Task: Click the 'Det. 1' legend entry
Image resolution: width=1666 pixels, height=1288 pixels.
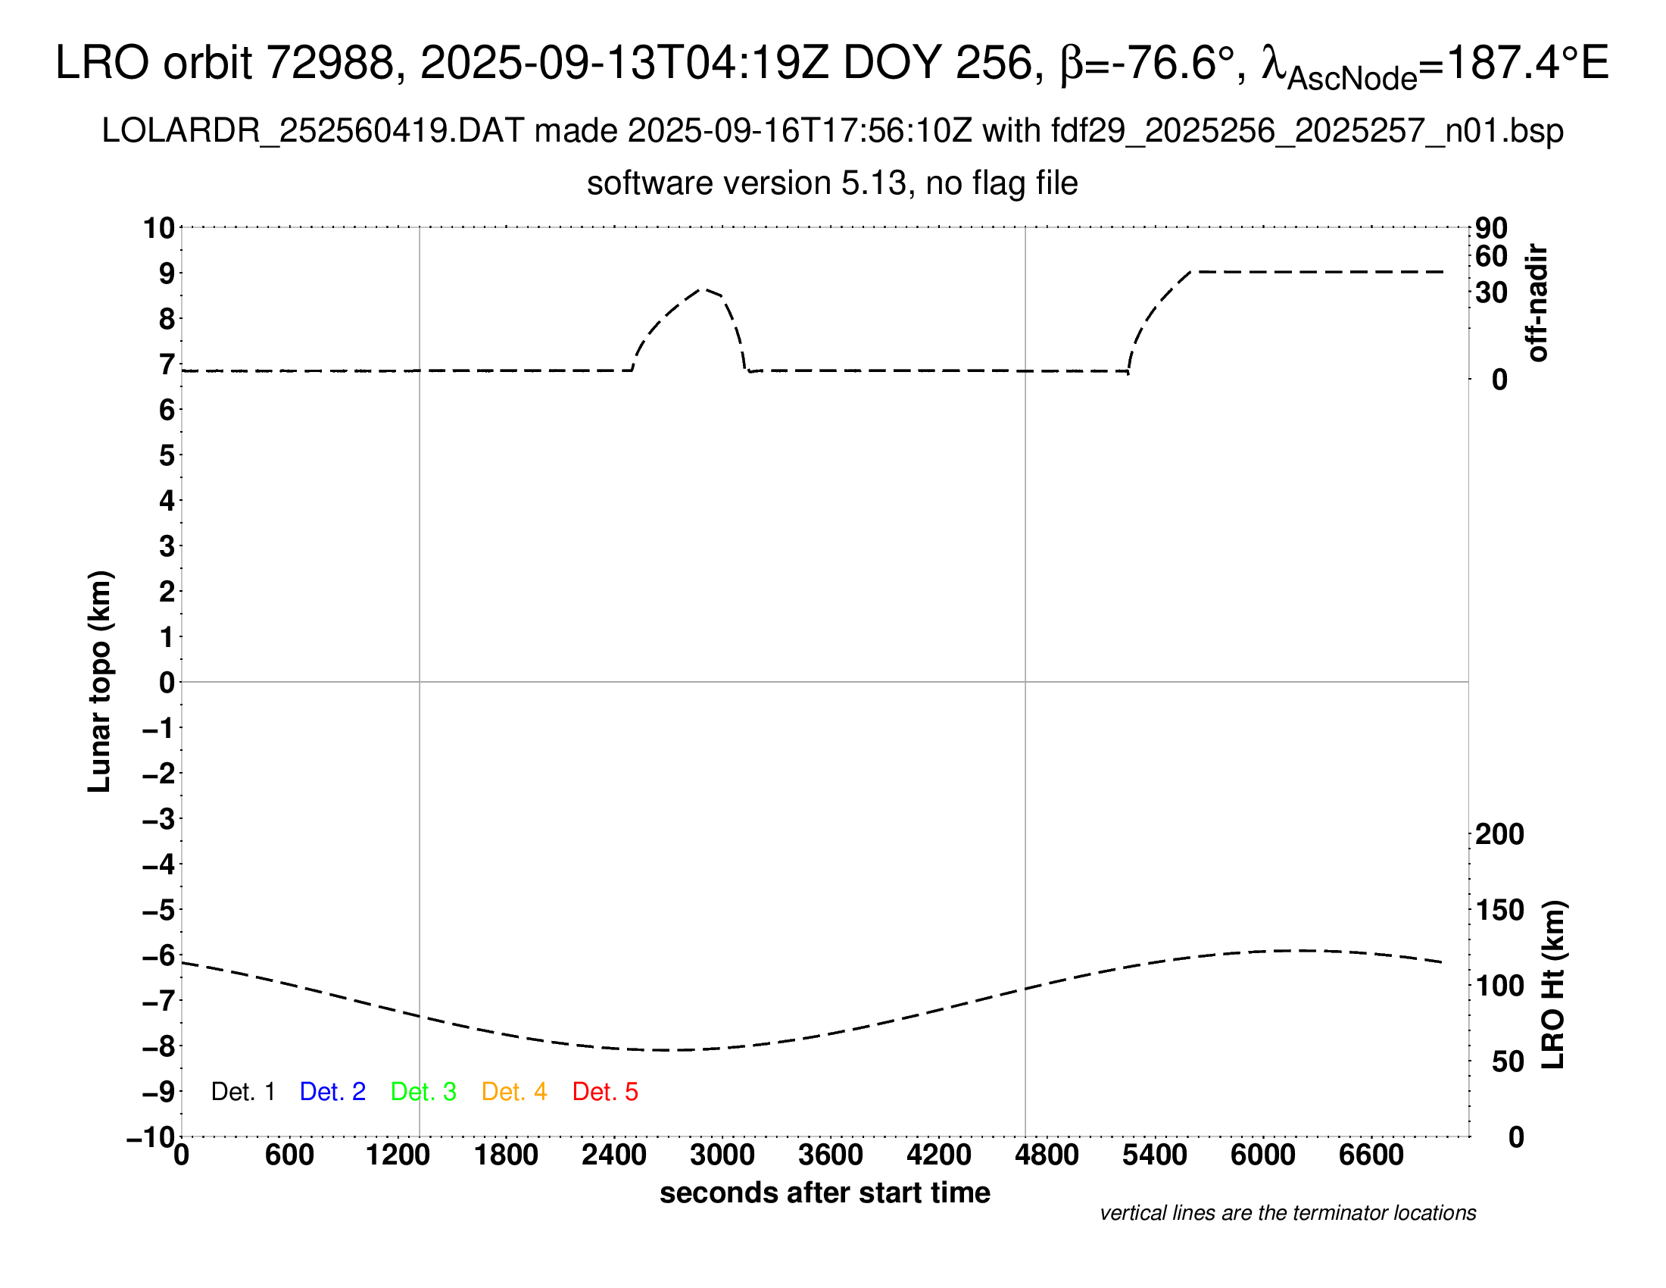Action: (x=242, y=1092)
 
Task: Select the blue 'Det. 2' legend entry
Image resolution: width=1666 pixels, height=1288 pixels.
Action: (x=332, y=1092)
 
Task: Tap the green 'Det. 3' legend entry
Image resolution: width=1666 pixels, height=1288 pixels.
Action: (x=423, y=1092)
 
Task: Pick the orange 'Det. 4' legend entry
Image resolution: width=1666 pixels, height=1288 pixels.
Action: (x=514, y=1092)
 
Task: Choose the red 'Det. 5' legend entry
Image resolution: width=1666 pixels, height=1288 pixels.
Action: (x=605, y=1092)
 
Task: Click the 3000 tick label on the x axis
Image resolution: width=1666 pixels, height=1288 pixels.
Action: (x=722, y=1155)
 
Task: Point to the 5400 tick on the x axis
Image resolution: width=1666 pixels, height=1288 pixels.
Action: (x=1154, y=1155)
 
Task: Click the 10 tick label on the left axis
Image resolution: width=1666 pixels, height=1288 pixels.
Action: (x=159, y=228)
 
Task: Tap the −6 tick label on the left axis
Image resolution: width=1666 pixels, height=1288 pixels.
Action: (x=159, y=955)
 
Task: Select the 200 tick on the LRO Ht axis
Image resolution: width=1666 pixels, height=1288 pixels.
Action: (x=1499, y=834)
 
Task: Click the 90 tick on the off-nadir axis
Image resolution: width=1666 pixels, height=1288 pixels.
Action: (x=1491, y=228)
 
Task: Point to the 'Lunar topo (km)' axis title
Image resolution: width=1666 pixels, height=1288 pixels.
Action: (x=100, y=681)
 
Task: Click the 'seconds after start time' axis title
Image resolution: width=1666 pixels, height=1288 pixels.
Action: (x=825, y=1193)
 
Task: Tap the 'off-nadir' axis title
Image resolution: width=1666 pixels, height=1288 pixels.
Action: (x=1537, y=303)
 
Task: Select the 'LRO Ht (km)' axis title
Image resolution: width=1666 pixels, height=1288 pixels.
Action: (x=1553, y=985)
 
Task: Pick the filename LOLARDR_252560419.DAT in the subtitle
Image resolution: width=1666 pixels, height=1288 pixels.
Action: (x=313, y=131)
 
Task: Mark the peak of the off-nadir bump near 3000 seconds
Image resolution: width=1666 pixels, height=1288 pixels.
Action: (x=705, y=289)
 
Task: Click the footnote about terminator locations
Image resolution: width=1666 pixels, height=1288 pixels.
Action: (x=1287, y=1213)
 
